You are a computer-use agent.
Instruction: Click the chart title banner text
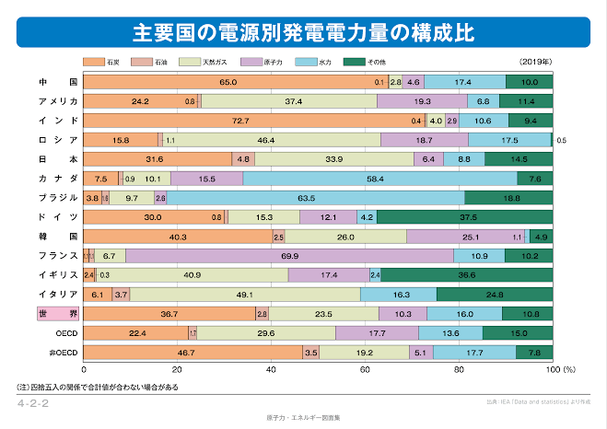pos(303,33)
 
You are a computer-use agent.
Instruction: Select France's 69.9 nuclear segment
pos(289,255)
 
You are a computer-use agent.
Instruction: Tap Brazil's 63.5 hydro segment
pos(315,198)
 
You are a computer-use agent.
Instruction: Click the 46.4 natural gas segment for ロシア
pos(267,140)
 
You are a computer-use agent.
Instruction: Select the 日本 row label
pos(57,159)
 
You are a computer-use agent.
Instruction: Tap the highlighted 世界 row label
pos(57,314)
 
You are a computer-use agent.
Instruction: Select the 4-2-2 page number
pos(33,404)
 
